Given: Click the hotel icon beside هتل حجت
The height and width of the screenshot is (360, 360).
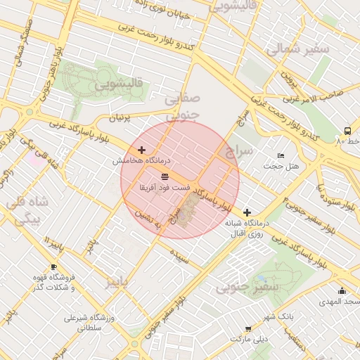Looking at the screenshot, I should pyautogui.click(x=281, y=155).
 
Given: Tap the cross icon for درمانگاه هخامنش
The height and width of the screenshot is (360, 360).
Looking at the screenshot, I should pyautogui.click(x=142, y=150).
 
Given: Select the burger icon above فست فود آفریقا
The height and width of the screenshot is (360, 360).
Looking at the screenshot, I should pyautogui.click(x=165, y=176).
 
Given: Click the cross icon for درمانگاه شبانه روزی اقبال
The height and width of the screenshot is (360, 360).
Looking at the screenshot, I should pyautogui.click(x=247, y=212).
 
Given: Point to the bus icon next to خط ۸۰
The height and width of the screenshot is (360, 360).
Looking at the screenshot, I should pyautogui.click(x=347, y=131).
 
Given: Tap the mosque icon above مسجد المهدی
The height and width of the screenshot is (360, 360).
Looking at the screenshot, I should pyautogui.click(x=342, y=290).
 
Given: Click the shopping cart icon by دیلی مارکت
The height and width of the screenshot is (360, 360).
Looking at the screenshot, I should pyautogui.click(x=248, y=328).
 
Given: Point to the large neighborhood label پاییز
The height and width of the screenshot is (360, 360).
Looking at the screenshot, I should pyautogui.click(x=117, y=282).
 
